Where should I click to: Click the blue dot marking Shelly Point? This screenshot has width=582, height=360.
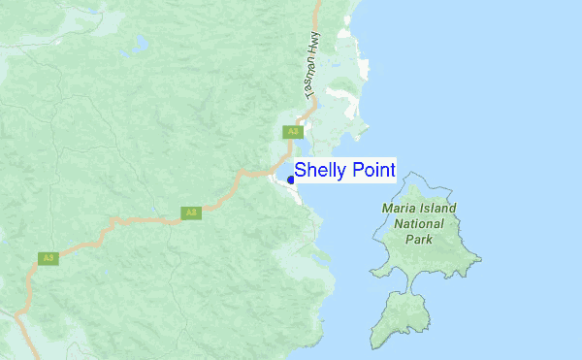coord(291,180)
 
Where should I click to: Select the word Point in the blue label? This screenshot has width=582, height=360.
coord(370,171)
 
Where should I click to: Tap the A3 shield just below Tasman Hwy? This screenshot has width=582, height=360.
coord(292,131)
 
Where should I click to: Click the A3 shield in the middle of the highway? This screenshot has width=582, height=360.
coord(191,213)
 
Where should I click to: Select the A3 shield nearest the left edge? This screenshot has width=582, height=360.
coord(46,258)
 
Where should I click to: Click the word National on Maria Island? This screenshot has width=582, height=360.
coord(419,223)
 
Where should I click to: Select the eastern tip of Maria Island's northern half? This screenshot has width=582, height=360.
coord(478,258)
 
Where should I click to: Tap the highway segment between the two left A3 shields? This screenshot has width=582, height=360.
coord(116,229)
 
